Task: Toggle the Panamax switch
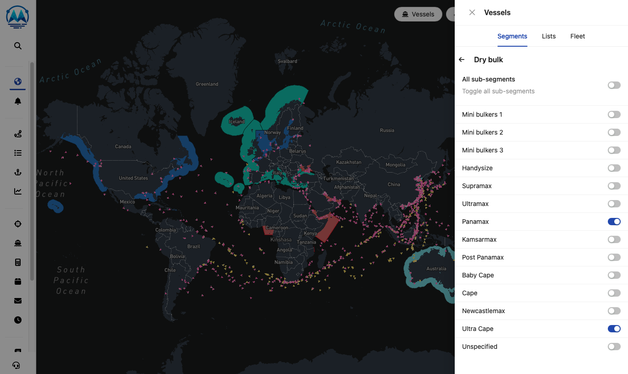[x=614, y=222]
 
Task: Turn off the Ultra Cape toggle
[x=614, y=329]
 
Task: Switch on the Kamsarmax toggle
[x=614, y=239]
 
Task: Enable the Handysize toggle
[x=614, y=168]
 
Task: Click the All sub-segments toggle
[x=614, y=85]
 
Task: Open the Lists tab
[x=548, y=36]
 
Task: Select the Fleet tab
[x=577, y=36]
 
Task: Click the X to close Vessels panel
[x=472, y=12]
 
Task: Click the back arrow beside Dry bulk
[x=462, y=60]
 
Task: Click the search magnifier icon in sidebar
[x=18, y=46]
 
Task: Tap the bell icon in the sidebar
[x=18, y=101]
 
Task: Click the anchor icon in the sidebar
[x=18, y=172]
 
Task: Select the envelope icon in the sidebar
[x=18, y=301]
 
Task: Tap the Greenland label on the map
[x=207, y=84]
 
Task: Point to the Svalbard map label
[x=287, y=61]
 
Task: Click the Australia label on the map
[x=436, y=269]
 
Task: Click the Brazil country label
[x=194, y=246]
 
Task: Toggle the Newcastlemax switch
[x=614, y=311]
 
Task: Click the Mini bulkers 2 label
[x=482, y=132]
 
